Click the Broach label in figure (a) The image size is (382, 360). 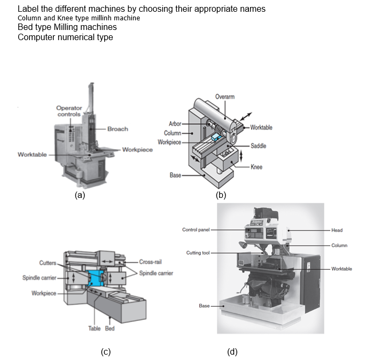point(118,129)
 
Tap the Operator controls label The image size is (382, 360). point(68,111)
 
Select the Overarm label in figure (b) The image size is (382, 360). point(225,96)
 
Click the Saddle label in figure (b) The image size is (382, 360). point(258,146)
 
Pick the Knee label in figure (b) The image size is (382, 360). point(256,167)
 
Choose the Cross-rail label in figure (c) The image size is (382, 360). point(150,262)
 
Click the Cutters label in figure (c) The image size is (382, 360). point(48,263)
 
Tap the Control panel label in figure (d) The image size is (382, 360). point(196,229)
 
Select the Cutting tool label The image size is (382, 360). point(197,252)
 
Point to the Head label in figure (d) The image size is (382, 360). point(337,230)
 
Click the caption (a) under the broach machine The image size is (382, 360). point(80,195)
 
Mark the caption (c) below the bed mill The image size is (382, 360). point(106,351)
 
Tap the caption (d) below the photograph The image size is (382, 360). point(232,351)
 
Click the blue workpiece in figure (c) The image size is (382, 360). point(98,279)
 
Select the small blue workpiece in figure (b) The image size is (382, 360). point(215,137)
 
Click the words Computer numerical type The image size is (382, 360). point(65,37)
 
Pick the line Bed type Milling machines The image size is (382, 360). point(67,27)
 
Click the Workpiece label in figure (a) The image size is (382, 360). point(137,149)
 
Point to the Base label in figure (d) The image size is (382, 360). point(204,305)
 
